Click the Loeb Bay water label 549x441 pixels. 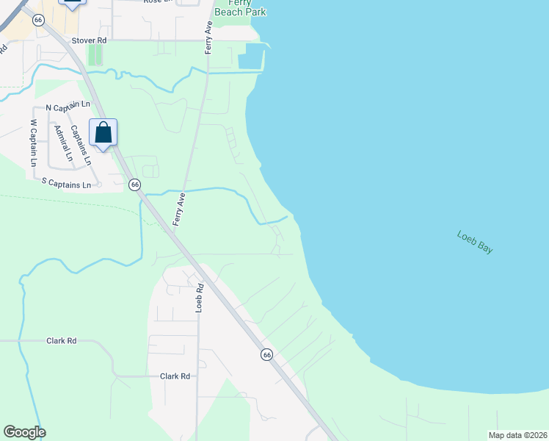pyautogui.click(x=475, y=243)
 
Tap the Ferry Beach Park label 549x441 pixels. pyautogui.click(x=240, y=8)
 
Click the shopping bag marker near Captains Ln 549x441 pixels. pyautogui.click(x=103, y=133)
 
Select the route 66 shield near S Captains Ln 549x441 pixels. pyautogui.click(x=135, y=185)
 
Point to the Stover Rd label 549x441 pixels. pyautogui.click(x=89, y=40)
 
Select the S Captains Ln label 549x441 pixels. pyautogui.click(x=65, y=184)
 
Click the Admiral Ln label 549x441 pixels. pyautogui.click(x=64, y=143)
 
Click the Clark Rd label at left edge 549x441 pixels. pyautogui.click(x=62, y=341)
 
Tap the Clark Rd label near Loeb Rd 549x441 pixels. pyautogui.click(x=175, y=376)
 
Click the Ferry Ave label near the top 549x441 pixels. pyautogui.click(x=209, y=37)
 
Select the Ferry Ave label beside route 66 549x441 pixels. pyautogui.click(x=178, y=208)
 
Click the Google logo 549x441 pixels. pyautogui.click(x=24, y=432)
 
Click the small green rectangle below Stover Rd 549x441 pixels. pyautogui.click(x=93, y=55)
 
